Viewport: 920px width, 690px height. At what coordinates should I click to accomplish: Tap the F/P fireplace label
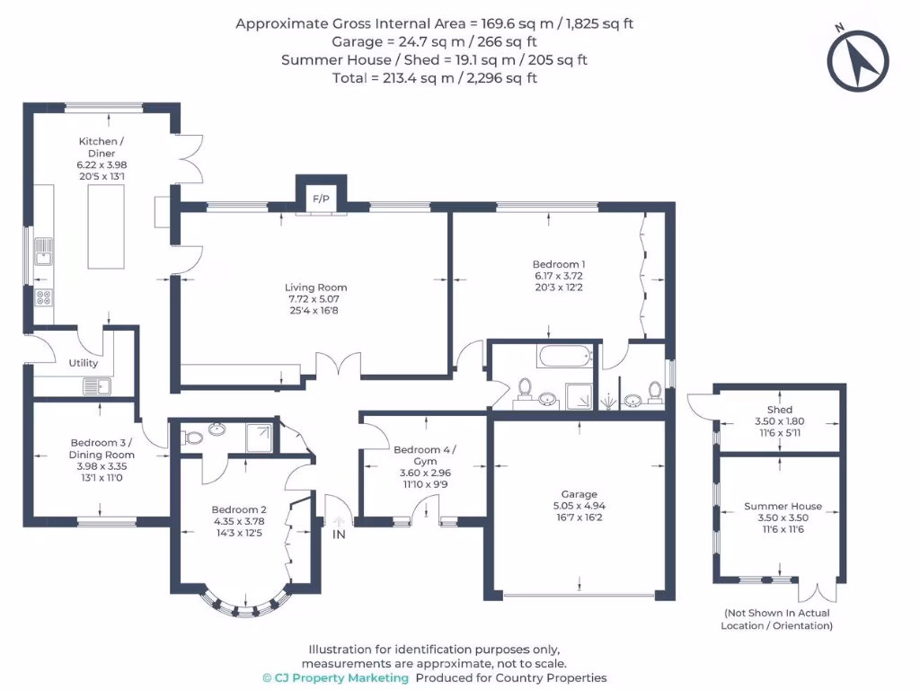321,199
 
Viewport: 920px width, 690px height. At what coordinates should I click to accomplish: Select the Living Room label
315,287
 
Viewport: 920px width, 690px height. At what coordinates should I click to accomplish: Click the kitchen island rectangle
106,226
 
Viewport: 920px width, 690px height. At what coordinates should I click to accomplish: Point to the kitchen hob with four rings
43,297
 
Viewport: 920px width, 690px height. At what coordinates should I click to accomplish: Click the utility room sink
97,387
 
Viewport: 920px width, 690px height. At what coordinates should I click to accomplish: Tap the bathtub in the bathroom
565,356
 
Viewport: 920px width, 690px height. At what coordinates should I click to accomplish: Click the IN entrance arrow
339,522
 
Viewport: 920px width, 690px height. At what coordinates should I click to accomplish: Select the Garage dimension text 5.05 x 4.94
579,506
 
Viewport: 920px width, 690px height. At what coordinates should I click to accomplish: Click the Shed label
780,410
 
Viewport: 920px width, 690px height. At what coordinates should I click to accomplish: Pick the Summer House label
783,506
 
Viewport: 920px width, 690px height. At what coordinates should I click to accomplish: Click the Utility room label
84,363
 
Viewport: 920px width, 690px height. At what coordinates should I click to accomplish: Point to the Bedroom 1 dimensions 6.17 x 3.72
559,276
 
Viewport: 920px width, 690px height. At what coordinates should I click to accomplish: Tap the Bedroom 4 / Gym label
425,456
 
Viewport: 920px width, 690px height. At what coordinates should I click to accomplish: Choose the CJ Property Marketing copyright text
336,677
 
